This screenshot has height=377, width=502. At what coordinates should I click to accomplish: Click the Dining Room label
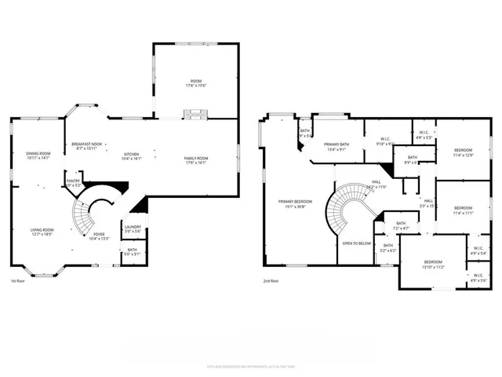(38, 155)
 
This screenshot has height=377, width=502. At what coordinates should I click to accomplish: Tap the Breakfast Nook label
(86, 145)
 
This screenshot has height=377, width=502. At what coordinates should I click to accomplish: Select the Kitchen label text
(133, 155)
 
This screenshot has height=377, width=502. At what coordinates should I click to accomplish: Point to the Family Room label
(195, 159)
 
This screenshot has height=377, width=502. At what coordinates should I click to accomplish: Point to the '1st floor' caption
(20, 280)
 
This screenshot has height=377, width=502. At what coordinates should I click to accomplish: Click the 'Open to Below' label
(356, 243)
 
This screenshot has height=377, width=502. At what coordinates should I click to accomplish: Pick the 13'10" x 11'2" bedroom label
(434, 264)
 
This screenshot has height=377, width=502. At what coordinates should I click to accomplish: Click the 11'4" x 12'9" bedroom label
(464, 152)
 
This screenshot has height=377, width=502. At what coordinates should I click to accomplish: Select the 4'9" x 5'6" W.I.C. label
(478, 277)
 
